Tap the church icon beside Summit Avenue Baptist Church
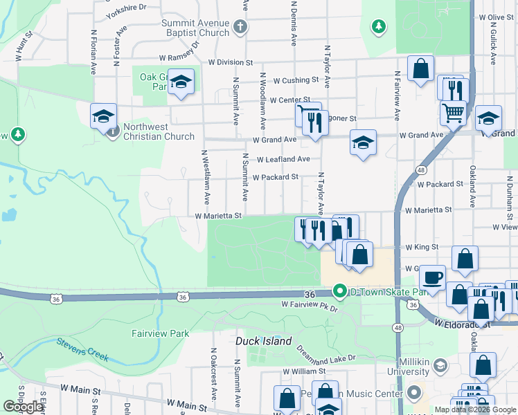point(240,28)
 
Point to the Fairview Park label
point(161,333)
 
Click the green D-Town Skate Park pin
point(339,291)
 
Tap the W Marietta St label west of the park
point(217,216)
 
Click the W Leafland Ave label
point(283,159)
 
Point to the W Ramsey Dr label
point(179,52)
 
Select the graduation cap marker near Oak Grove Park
point(181,83)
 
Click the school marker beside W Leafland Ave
point(363,143)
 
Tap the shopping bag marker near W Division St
point(420,69)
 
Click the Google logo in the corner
point(22,407)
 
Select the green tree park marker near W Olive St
point(378,26)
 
